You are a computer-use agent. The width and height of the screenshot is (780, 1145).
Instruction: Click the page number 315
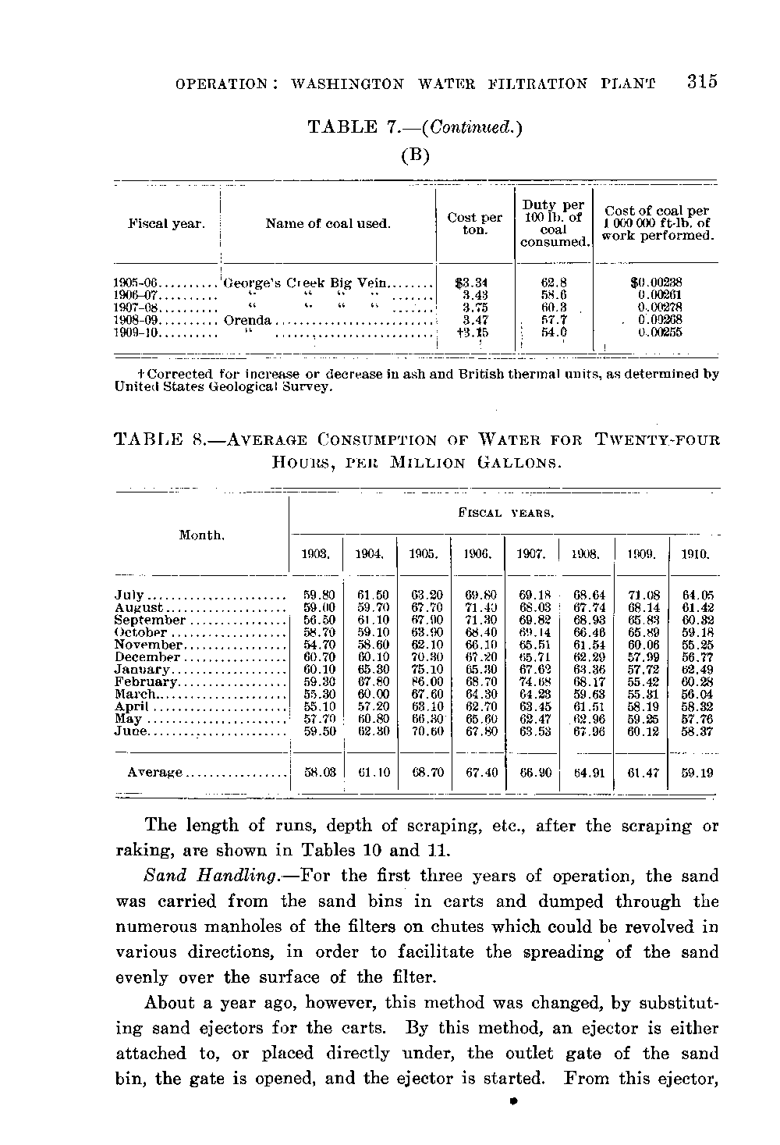pyautogui.click(x=701, y=82)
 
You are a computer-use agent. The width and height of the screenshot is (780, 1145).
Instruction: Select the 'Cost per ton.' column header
pyautogui.click(x=474, y=224)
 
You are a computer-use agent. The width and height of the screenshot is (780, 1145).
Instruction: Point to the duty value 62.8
pyautogui.click(x=553, y=283)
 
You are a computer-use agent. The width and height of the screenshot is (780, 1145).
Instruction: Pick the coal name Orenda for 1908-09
pyautogui.click(x=248, y=320)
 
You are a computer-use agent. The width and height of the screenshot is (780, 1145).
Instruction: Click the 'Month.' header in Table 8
pyautogui.click(x=202, y=535)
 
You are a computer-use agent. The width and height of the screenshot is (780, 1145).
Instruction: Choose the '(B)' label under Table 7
pyautogui.click(x=415, y=155)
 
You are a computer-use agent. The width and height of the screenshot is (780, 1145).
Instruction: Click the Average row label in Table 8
pyautogui.click(x=154, y=773)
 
